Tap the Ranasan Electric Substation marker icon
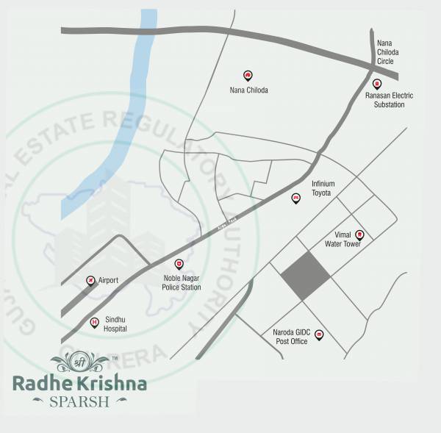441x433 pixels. tap(377, 84)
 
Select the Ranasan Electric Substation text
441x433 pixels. tap(390, 100)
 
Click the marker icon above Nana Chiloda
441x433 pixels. tap(248, 76)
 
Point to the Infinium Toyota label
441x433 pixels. tap(323, 187)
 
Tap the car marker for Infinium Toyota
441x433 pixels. tap(296, 198)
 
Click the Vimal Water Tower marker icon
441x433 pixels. tap(359, 235)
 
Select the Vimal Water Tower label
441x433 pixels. tap(343, 240)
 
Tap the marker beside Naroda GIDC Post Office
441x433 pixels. tap(319, 334)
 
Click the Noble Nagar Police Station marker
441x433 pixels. tap(178, 264)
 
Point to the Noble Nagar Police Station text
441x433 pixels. tap(181, 282)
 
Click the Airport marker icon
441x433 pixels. tap(90, 280)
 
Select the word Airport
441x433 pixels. tap(108, 280)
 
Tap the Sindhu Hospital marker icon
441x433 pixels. tap(94, 322)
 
